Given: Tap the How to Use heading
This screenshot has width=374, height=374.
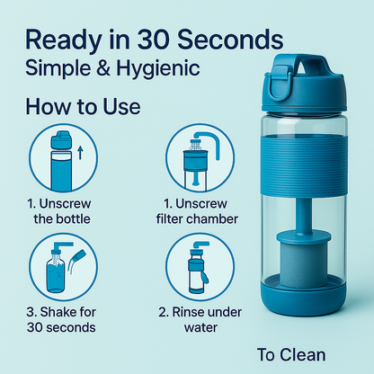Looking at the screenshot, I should (83, 107).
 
